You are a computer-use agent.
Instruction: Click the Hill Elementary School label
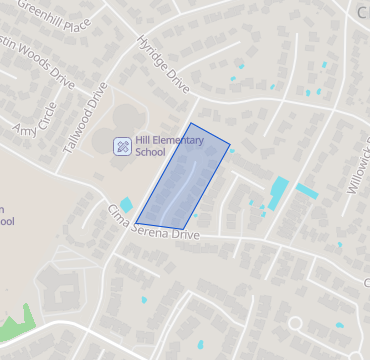[x=168, y=146]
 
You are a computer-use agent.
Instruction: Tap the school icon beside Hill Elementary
[x=121, y=146]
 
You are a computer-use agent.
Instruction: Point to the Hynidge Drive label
[x=161, y=63]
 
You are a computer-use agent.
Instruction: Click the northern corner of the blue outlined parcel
[x=191, y=124]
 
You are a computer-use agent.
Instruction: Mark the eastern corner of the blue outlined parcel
[x=230, y=145]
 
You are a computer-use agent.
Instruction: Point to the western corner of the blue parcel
[x=135, y=223]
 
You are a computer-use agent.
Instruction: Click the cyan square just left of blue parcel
[x=126, y=205]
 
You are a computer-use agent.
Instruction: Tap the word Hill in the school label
[x=143, y=140]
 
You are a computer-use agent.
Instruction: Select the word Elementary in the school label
[x=179, y=140]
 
